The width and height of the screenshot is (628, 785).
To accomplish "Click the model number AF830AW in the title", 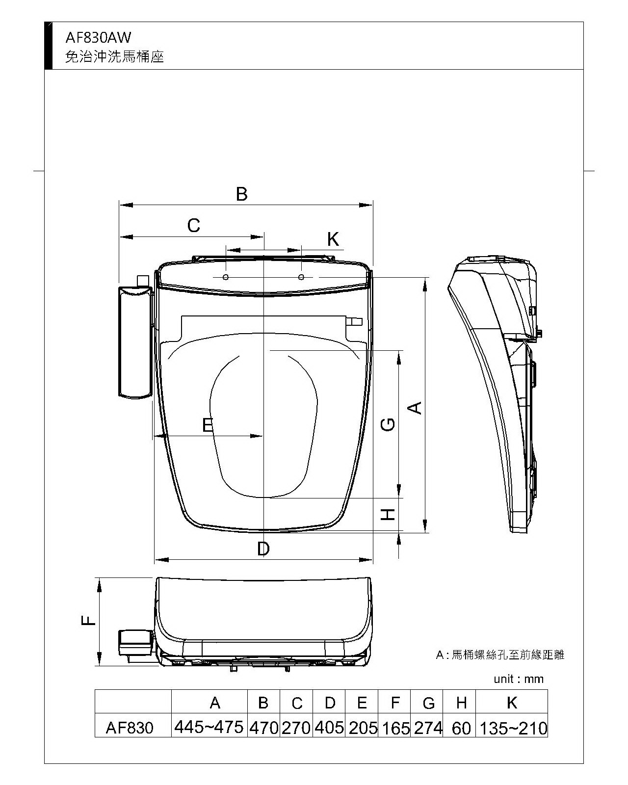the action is (x=98, y=38).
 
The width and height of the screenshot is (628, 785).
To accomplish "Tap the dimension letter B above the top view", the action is (x=241, y=194).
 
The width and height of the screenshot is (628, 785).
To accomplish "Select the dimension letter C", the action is (x=193, y=225).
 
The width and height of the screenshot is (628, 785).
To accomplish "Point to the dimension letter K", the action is (x=333, y=239).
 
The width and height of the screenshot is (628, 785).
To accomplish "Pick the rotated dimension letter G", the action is (x=388, y=424).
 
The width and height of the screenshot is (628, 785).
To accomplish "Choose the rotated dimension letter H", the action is (x=388, y=514).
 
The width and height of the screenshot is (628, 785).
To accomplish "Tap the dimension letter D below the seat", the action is (x=263, y=549).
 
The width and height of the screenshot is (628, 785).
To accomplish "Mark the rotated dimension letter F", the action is (x=88, y=620).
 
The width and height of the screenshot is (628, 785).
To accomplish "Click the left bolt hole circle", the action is (x=226, y=277).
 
